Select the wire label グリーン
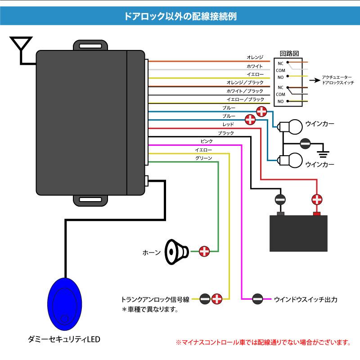203,158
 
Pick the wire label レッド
228,124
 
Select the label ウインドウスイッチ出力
306,298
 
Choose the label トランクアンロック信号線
155,298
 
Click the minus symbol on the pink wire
257,298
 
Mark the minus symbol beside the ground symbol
305,143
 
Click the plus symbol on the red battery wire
317,198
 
